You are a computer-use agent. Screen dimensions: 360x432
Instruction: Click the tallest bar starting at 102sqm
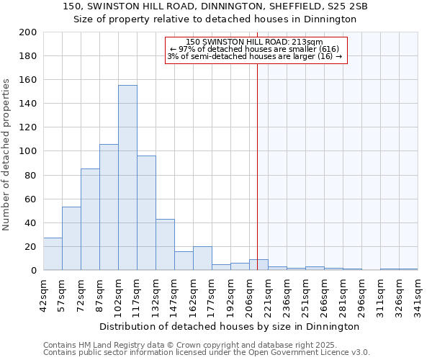pyautogui.click(x=127, y=178)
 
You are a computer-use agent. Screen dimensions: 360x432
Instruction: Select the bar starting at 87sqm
pyautogui.click(x=109, y=207)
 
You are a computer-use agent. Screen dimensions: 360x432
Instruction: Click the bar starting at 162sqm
pyautogui.click(x=202, y=258)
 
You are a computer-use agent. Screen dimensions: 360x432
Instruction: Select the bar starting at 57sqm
pyautogui.click(x=71, y=238)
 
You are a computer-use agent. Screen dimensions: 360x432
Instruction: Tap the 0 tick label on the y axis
pyautogui.click(x=33, y=271)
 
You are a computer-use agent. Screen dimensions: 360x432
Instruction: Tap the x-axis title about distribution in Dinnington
pyautogui.click(x=230, y=326)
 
